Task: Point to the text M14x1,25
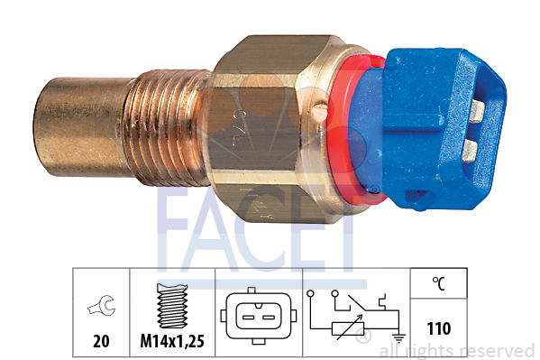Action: click(171, 343)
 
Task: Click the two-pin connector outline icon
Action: click(256, 317)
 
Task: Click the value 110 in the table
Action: click(438, 328)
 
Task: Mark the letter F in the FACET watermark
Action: click(175, 231)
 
